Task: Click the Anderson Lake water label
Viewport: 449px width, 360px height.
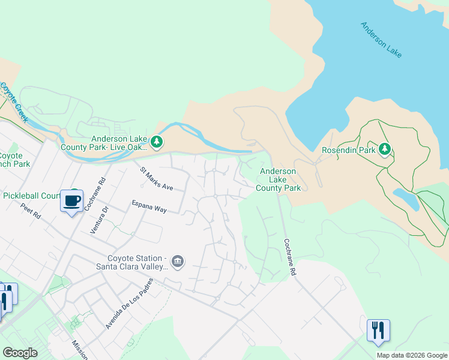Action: tap(381, 40)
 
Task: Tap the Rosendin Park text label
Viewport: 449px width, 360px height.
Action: tap(348, 150)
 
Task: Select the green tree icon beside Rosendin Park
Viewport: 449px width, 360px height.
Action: tap(384, 149)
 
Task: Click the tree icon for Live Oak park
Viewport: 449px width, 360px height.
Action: tap(157, 142)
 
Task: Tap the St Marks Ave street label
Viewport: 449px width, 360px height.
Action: tap(157, 179)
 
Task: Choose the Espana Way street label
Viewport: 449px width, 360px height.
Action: tap(149, 206)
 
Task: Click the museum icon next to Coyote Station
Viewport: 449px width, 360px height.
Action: tap(177, 261)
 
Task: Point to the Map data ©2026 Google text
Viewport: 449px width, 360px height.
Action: tap(411, 355)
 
